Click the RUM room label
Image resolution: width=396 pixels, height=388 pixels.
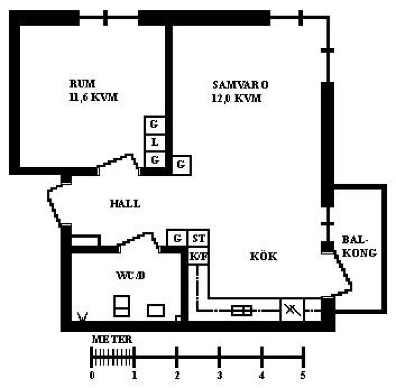82,84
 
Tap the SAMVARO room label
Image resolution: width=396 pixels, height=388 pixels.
240,85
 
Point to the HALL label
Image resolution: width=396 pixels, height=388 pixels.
125,204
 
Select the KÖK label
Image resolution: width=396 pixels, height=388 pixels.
264,256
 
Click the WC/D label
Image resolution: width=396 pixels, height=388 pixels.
130,275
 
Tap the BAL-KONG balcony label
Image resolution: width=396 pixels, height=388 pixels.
359,247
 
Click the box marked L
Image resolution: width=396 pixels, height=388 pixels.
154,142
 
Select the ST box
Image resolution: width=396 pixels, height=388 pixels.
198,238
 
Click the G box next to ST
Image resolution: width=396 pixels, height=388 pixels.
177,238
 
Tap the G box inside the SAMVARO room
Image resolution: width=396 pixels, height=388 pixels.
181,165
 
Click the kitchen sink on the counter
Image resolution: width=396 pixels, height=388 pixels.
242,310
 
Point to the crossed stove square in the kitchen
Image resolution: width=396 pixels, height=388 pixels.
292,310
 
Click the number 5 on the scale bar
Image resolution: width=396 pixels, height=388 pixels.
303,375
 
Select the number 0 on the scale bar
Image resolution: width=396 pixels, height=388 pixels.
92,375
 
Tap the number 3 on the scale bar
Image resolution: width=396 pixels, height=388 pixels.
219,375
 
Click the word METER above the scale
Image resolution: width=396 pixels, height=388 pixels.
112,340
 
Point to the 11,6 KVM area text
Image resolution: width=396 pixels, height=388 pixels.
94,97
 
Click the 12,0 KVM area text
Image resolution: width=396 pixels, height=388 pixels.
236,98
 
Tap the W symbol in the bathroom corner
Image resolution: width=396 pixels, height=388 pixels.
82,316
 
